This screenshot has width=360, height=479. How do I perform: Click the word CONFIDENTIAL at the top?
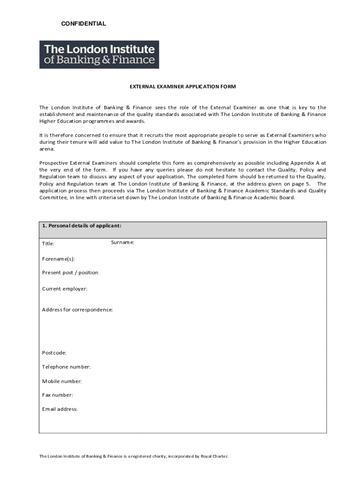(84, 24)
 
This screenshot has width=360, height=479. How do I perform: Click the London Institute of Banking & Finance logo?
(99, 55)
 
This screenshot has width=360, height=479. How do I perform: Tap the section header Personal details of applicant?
(82, 225)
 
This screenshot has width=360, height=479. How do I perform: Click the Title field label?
(48, 244)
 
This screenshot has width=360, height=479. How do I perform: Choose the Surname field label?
(122, 242)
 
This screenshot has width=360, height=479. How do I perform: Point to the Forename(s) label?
(58, 259)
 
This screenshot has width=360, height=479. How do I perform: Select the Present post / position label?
(71, 273)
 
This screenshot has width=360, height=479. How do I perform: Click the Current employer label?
(65, 289)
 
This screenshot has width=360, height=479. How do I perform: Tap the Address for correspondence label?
(77, 310)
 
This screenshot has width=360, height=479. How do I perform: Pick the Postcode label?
(54, 353)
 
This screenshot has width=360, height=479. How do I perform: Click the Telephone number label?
(66, 367)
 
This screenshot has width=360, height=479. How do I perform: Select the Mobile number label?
(62, 381)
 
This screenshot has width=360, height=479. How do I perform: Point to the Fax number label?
(58, 395)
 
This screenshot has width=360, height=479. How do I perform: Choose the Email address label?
(60, 409)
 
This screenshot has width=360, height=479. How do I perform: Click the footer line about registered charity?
(134, 456)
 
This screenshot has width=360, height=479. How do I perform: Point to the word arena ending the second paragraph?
(47, 149)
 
